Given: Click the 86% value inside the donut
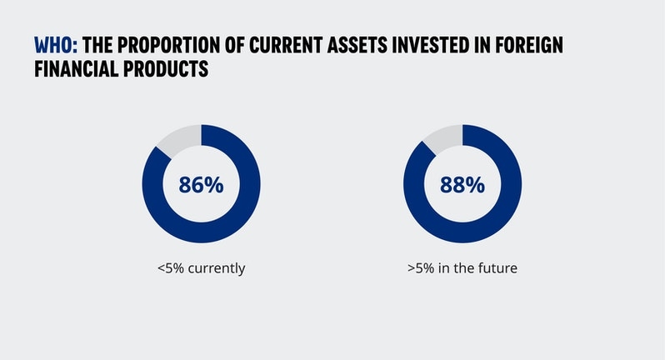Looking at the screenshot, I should click(201, 185).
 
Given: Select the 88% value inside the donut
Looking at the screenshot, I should click(462, 185).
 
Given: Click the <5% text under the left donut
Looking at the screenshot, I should click(170, 269).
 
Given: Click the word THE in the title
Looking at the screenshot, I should click(98, 45).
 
